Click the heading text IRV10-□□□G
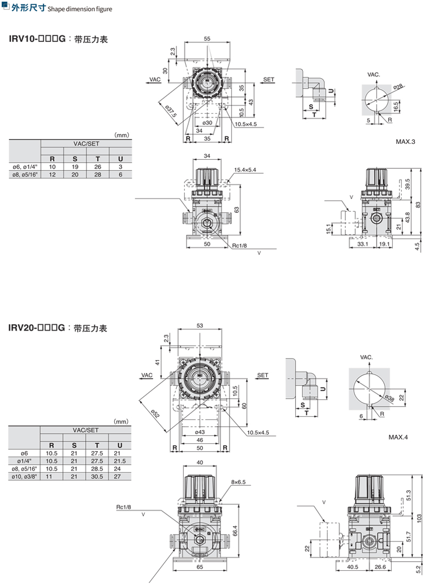click(x=37, y=39)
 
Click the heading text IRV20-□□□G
click(x=37, y=328)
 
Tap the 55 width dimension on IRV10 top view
click(x=207, y=39)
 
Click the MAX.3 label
click(x=405, y=142)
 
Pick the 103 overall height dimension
click(x=419, y=517)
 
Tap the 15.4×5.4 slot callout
click(x=245, y=170)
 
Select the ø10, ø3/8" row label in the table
click(x=24, y=476)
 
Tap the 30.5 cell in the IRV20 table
click(x=97, y=476)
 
